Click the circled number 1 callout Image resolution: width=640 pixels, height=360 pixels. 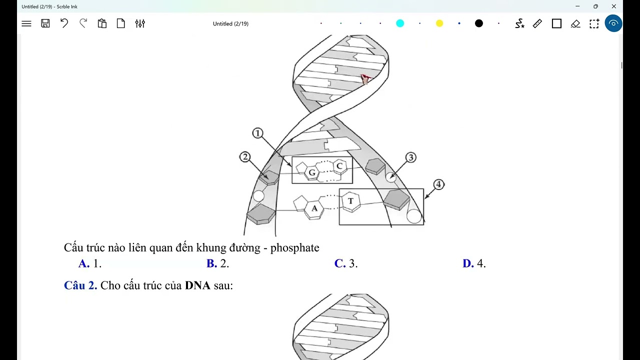pos(257,133)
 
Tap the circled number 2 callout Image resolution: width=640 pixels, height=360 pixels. pos(244,157)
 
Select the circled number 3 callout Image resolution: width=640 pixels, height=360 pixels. pos(410,157)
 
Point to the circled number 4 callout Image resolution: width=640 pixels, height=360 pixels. pos(438,184)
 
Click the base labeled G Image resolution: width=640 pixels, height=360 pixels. pos(312,172)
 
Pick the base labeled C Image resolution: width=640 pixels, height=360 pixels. pos(339,166)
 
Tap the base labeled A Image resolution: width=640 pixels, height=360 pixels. pos(314,208)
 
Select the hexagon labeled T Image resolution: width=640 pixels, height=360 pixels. pos(350,201)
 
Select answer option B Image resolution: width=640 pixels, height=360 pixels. pos(212,263)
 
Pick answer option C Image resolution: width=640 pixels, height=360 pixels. pos(340,263)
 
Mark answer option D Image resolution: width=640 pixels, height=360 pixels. pos(468,263)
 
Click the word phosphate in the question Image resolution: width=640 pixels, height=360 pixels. pos(294,248)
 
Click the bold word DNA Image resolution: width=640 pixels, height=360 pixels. pos(197,285)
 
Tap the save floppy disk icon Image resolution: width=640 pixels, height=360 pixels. pos(45,23)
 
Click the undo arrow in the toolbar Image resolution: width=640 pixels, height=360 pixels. pos(64,23)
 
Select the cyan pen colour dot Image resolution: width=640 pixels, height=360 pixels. pos(400,23)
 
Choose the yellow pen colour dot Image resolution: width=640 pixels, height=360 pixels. pos(439,23)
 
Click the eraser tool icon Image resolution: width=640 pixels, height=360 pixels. pos(575,23)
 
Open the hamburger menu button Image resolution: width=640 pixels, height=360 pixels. pos(26,23)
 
